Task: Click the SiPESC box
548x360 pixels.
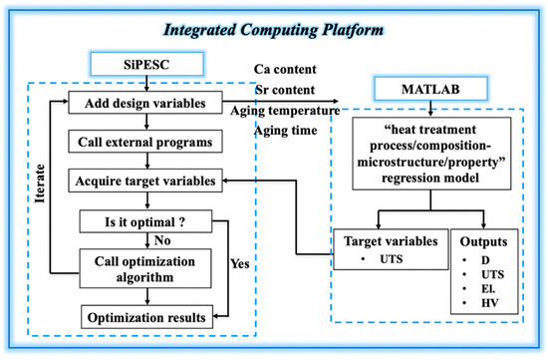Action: pyautogui.click(x=146, y=65)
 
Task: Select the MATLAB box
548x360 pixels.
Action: pyautogui.click(x=430, y=89)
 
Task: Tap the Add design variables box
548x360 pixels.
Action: pyautogui.click(x=145, y=103)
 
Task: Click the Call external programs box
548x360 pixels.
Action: pyautogui.click(x=145, y=142)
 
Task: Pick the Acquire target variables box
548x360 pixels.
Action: pyautogui.click(x=145, y=180)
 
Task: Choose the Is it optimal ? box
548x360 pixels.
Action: pyautogui.click(x=145, y=221)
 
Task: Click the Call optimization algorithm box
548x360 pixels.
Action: pyautogui.click(x=145, y=268)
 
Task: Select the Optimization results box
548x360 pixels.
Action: pyautogui.click(x=146, y=317)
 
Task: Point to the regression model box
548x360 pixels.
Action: pyautogui.click(x=431, y=154)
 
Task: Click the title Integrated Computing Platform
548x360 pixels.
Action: pyautogui.click(x=273, y=30)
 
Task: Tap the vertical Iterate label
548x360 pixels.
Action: pyautogui.click(x=40, y=183)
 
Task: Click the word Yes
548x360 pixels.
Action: pyautogui.click(x=240, y=263)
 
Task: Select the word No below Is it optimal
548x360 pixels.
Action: pyautogui.click(x=162, y=240)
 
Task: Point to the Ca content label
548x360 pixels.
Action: pyautogui.click(x=285, y=69)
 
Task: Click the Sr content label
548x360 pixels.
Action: pyautogui.click(x=285, y=90)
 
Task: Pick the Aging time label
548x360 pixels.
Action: pyautogui.click(x=286, y=131)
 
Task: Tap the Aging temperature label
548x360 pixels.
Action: pyautogui.click(x=285, y=111)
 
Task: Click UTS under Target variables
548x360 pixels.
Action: pyautogui.click(x=392, y=259)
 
